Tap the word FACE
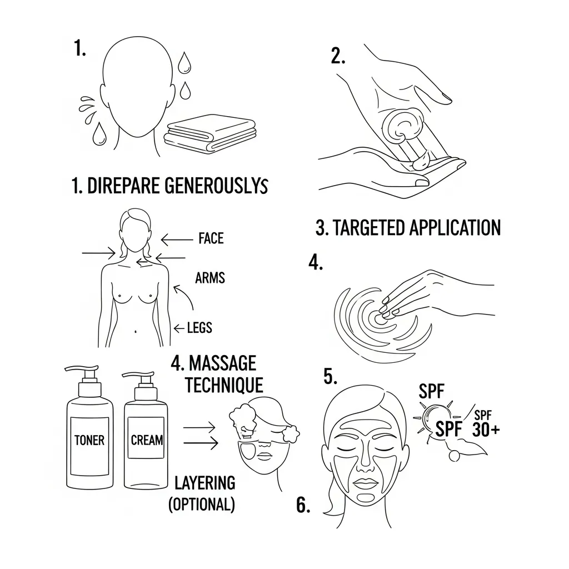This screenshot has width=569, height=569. [x=211, y=238]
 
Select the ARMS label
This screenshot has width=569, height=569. [x=209, y=278]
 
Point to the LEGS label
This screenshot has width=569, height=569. [x=199, y=328]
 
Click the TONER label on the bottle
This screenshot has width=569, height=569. [x=89, y=440]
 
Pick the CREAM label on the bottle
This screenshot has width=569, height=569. [x=147, y=440]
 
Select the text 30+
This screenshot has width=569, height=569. [x=486, y=430]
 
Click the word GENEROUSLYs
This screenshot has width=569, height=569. [x=216, y=186]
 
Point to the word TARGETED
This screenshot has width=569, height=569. [x=369, y=228]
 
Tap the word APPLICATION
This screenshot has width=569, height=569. [x=455, y=228]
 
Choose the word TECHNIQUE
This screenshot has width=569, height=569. [x=224, y=385]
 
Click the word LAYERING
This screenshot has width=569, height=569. [x=205, y=483]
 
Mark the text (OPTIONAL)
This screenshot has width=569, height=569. [x=202, y=505]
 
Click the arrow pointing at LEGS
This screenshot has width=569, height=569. [x=179, y=329]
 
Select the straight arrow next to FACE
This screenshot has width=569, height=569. [x=177, y=240]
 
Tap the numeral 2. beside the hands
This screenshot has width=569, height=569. [x=338, y=57]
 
